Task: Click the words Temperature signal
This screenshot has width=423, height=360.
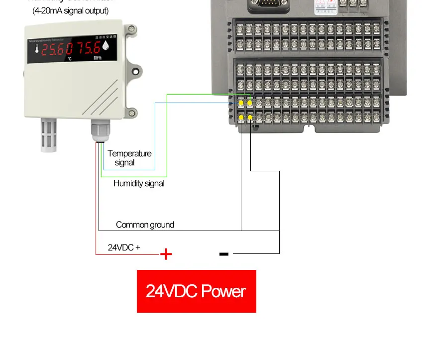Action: coord(129,158)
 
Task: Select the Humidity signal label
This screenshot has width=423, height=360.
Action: coord(139,183)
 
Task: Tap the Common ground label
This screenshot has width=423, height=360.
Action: coord(145,225)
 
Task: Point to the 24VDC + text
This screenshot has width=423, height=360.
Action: coord(124,247)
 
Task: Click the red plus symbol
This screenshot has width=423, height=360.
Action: coord(166,254)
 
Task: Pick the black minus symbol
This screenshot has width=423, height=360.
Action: coord(224,254)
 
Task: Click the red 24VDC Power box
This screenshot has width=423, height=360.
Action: coord(196,291)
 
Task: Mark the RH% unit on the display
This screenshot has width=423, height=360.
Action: coord(97,58)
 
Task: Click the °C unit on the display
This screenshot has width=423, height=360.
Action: coord(70,58)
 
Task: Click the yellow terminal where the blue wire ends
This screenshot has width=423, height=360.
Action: coord(241,103)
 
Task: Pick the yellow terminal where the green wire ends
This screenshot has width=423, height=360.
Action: coord(250,103)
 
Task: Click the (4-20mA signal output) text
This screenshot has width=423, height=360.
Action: coord(70,10)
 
